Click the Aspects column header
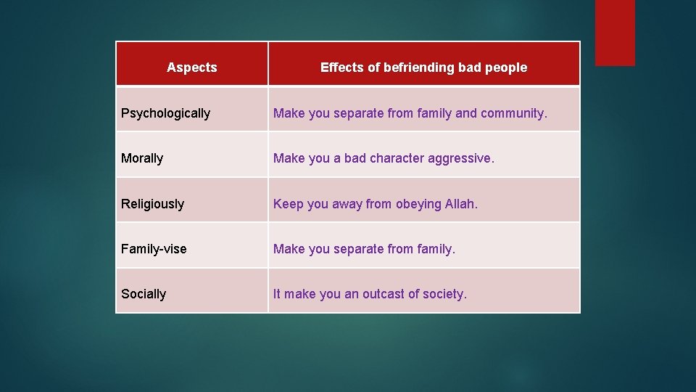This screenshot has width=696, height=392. click(x=191, y=68)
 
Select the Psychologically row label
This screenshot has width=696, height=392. click(x=165, y=113)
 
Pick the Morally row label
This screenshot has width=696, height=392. click(x=142, y=158)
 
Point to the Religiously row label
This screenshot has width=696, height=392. click(x=152, y=204)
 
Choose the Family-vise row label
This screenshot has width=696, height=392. click(x=154, y=249)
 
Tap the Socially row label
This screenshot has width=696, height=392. click(x=144, y=294)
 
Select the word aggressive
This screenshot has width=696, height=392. click(x=460, y=158)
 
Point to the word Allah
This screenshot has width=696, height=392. click(x=461, y=204)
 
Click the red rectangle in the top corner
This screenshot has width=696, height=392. click(x=615, y=32)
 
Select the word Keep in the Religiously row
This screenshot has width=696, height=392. click(x=288, y=204)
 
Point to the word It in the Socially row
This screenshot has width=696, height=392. click(x=276, y=294)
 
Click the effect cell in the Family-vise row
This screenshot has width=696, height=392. click(x=424, y=249)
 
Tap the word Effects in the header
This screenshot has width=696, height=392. click(x=343, y=68)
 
